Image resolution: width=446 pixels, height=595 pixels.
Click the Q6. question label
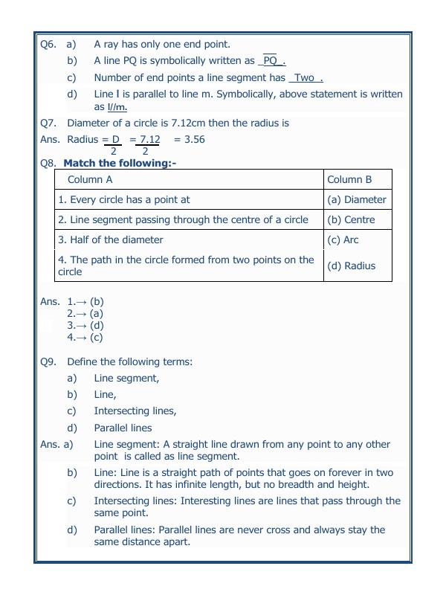(48, 45)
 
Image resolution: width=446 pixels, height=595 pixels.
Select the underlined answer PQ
(271, 61)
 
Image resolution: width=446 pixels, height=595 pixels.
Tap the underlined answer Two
(305, 77)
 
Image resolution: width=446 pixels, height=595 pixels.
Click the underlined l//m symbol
(117, 106)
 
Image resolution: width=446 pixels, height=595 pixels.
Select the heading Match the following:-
(120, 163)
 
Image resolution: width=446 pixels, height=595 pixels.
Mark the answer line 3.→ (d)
(85, 325)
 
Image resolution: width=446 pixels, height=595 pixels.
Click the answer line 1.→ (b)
(85, 301)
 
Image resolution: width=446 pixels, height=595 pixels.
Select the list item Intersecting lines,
(135, 411)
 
